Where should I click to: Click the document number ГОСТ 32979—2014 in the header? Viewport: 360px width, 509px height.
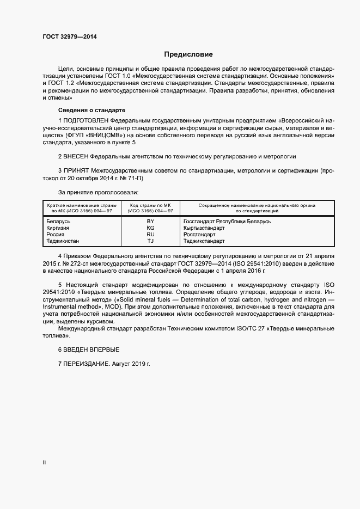[x=70, y=36]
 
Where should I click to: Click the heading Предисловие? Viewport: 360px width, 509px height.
[x=188, y=54]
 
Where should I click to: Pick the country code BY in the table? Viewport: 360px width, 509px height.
[x=150, y=222]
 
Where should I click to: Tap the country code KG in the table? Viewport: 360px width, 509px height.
[x=150, y=228]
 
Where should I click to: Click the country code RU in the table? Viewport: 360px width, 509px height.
[x=150, y=234]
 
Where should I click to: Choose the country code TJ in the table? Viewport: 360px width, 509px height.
[x=150, y=240]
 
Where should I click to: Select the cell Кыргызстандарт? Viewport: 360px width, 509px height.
[x=204, y=228]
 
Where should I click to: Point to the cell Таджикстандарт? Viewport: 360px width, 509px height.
[x=204, y=240]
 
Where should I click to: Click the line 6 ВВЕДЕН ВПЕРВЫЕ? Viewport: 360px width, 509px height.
[x=88, y=349]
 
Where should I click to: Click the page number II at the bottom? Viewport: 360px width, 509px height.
[x=44, y=462]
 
